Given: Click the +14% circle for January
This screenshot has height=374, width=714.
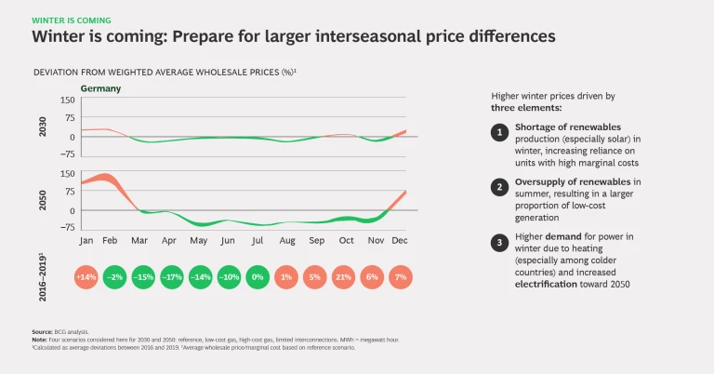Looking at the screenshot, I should click(x=87, y=278).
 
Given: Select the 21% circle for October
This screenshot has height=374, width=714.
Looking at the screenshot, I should click(x=344, y=278).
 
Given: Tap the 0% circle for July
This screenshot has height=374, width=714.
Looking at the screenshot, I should click(x=258, y=278).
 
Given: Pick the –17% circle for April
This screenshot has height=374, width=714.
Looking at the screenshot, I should click(x=172, y=278).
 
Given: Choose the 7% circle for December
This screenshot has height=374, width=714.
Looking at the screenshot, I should click(x=401, y=278).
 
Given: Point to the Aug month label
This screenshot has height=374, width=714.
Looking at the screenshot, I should click(x=287, y=239).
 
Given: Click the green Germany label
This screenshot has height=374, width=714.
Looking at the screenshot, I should click(x=100, y=88).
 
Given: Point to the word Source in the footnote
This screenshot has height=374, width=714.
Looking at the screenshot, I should click(x=42, y=330).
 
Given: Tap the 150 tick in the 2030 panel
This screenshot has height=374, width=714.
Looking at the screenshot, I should click(x=67, y=100).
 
